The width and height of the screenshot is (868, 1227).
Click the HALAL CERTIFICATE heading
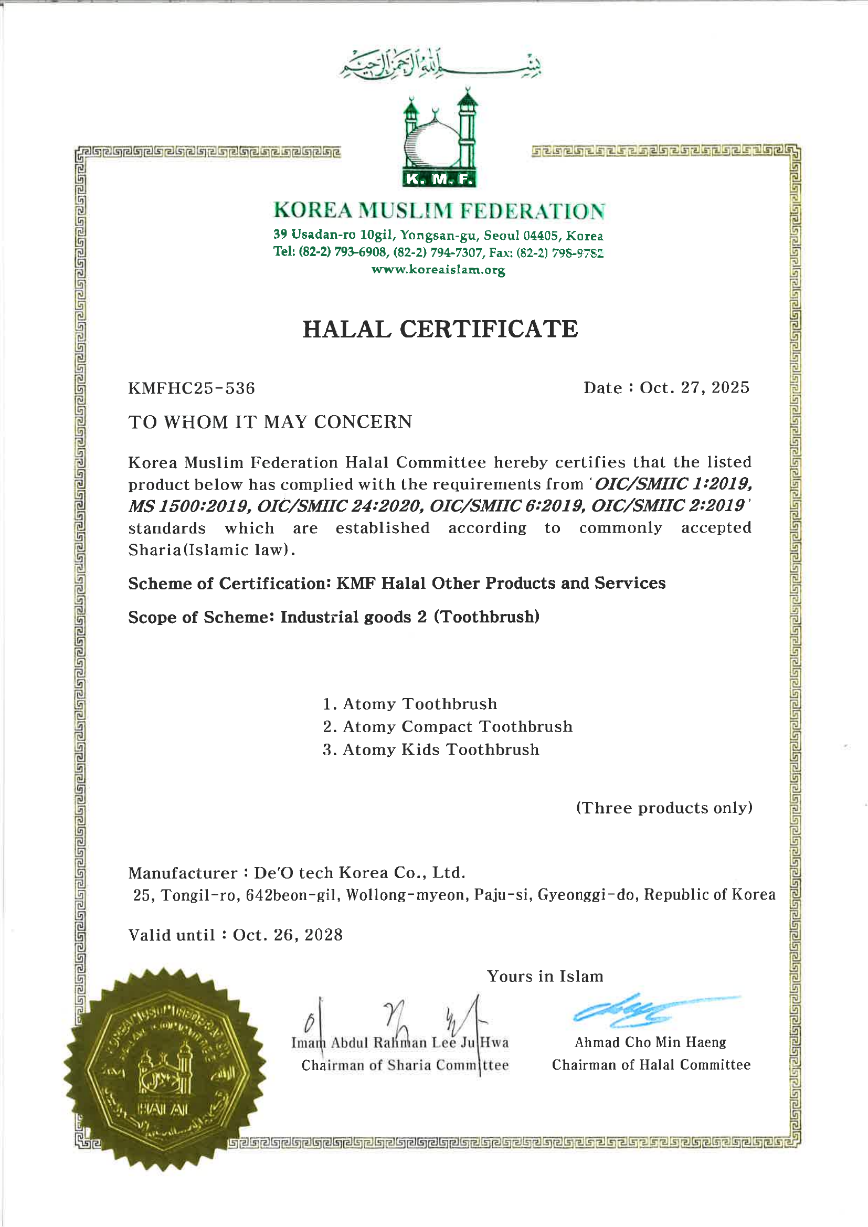coord(440,329)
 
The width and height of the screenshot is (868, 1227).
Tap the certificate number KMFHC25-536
coord(192,388)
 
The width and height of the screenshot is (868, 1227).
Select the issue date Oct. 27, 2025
coord(694,387)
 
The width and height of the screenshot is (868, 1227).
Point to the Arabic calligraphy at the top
coord(440,65)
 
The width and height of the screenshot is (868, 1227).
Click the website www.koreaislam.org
coord(438,269)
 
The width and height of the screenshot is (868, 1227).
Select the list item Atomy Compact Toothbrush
coord(457,726)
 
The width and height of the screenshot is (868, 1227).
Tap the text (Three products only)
coord(664,808)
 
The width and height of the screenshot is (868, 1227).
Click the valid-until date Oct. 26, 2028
coord(288,935)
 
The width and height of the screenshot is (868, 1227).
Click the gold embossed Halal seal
coord(165,1069)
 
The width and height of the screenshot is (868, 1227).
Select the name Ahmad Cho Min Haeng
coord(650,1042)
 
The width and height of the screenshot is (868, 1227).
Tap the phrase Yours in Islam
coord(545,976)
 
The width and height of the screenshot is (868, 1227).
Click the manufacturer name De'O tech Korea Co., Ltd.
coord(359,873)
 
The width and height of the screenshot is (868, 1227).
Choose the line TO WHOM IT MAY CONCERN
coord(270,422)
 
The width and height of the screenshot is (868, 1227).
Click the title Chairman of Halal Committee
coord(651,1065)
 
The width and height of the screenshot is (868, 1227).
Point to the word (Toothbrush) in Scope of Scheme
coord(486,617)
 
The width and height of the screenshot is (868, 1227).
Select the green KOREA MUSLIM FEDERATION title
coord(439,210)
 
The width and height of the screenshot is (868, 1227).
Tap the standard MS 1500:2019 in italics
coord(188,505)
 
